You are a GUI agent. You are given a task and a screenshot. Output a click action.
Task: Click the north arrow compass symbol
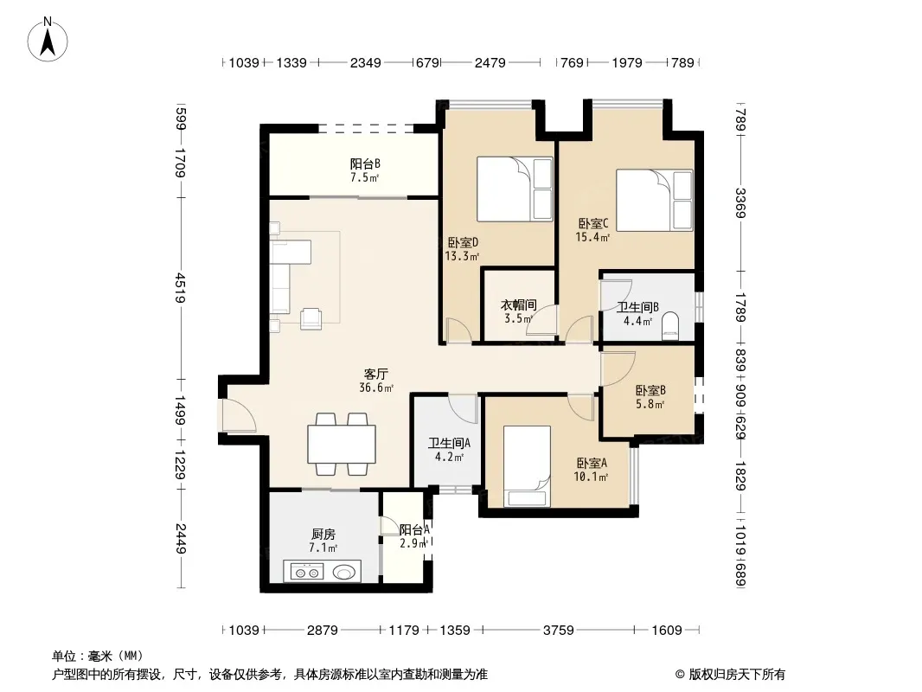pyautogui.click(x=48, y=39)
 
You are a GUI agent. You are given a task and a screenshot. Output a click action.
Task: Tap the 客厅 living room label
pyautogui.click(x=375, y=374)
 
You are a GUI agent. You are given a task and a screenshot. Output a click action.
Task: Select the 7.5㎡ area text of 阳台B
pyautogui.click(x=365, y=177)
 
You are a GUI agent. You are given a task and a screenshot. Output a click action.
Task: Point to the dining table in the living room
pyautogui.click(x=342, y=444)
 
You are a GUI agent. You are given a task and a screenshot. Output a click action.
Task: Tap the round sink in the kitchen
pyautogui.click(x=344, y=572)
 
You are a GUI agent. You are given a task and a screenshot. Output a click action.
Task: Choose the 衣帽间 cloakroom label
pyautogui.click(x=518, y=304)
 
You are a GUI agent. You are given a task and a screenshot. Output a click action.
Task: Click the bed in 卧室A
pyautogui.click(x=527, y=465)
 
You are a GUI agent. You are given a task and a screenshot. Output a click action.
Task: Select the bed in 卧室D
pyautogui.click(x=515, y=189)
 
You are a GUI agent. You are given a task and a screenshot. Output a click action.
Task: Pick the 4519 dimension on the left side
pyautogui.click(x=181, y=288)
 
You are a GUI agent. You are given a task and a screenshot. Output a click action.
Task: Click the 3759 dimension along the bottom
pyautogui.click(x=558, y=631)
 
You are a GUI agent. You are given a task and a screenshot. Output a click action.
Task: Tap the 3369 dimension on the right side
pyautogui.click(x=740, y=203)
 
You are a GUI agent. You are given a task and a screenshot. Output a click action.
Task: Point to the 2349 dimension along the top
pyautogui.click(x=365, y=62)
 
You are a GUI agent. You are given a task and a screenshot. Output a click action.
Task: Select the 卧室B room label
pyautogui.click(x=650, y=390)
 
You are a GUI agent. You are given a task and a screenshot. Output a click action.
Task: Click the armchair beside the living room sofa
pyautogui.click(x=311, y=318)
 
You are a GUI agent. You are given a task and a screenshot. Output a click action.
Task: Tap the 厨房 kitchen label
pyautogui.click(x=323, y=534)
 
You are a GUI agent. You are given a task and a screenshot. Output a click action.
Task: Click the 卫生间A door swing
pyautogui.click(x=463, y=408)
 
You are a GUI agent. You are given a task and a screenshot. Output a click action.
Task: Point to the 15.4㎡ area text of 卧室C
pyautogui.click(x=592, y=238)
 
